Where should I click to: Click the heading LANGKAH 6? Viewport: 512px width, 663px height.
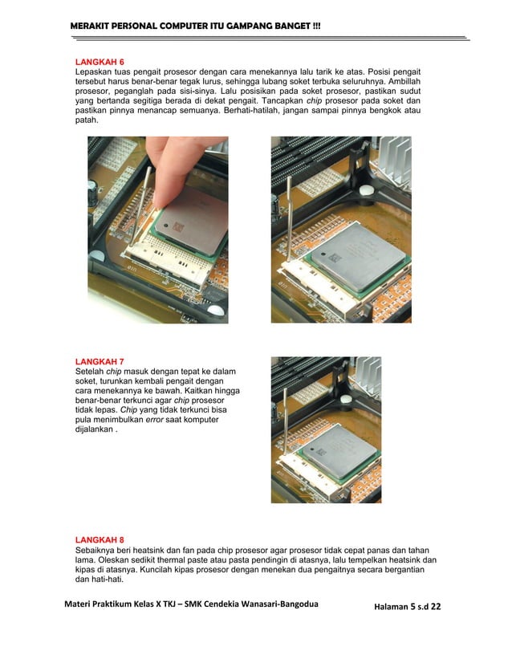100,62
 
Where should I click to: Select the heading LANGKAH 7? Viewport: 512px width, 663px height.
100,361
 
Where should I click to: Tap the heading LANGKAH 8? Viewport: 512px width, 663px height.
100,539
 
